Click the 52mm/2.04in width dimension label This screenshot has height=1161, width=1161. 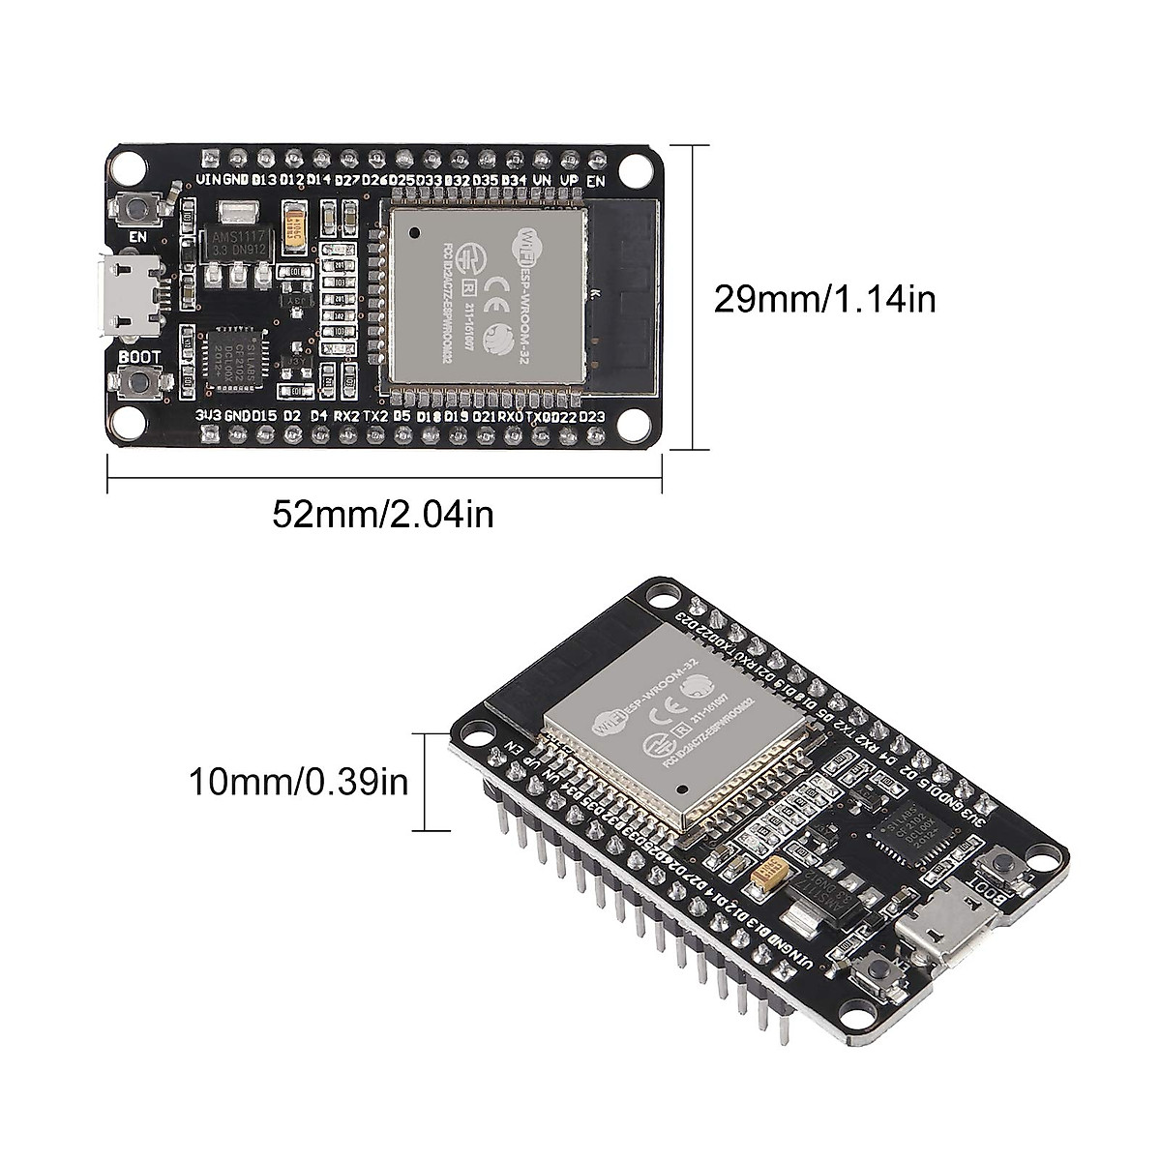[383, 513]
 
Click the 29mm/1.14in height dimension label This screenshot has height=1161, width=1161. [824, 299]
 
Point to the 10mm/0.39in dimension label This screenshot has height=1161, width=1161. [301, 781]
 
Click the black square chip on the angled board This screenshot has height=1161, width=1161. [911, 819]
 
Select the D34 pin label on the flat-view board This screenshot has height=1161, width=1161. [514, 180]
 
